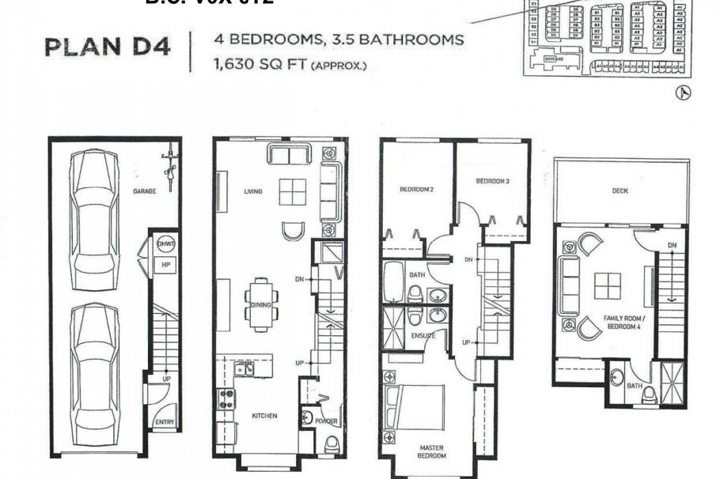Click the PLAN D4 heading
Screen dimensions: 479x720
[x=108, y=47]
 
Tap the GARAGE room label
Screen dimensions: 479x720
[x=144, y=190]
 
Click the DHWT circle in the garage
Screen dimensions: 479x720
[x=166, y=245]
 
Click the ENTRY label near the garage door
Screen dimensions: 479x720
[x=165, y=422]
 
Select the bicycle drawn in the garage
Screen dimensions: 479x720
[x=169, y=167]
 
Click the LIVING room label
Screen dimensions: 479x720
[x=253, y=191]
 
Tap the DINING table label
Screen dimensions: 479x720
[x=261, y=305]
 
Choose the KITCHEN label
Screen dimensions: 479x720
[x=264, y=416]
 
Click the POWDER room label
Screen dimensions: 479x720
[x=327, y=422]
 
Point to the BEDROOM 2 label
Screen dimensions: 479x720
[x=416, y=190]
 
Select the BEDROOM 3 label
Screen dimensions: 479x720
[x=492, y=182]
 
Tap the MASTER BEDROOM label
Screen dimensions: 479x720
[x=432, y=451]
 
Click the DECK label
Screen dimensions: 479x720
[x=620, y=190]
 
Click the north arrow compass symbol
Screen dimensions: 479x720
[x=683, y=93]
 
